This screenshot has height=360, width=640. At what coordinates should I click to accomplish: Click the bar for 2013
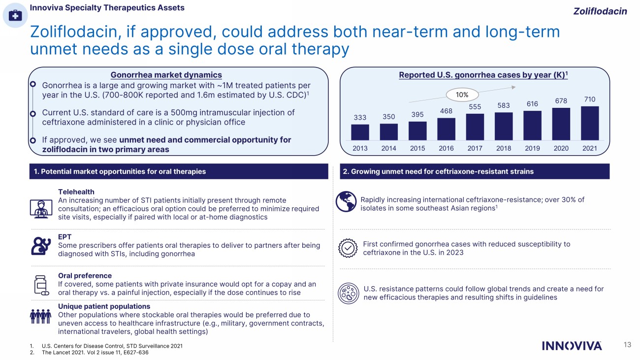360,132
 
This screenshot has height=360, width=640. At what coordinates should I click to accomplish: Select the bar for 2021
590,123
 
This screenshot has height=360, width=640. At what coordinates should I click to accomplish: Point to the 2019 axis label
532,148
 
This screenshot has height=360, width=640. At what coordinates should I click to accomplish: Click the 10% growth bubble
461,94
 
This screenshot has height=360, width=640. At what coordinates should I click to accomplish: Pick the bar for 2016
446,129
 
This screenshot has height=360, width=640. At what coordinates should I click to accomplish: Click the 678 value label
561,101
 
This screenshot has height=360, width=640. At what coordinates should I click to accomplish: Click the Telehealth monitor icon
41,208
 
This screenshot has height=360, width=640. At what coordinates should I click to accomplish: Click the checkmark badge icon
348,249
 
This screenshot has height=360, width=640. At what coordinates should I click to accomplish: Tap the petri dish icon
348,293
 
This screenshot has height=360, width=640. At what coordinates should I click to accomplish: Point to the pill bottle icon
40,285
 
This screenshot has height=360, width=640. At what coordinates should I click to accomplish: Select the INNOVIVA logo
572,346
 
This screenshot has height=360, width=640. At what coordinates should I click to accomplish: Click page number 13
627,345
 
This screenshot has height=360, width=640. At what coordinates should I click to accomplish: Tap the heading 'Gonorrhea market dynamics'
166,75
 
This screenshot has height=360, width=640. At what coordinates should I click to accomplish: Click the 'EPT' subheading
64,237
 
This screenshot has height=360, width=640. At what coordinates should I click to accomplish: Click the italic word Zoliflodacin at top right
600,11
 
